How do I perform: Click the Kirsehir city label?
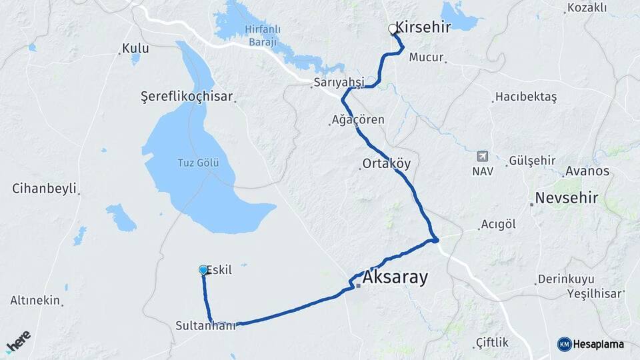point(423,27)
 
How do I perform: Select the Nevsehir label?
point(567,198)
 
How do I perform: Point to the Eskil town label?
point(219,270)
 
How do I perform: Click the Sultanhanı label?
point(206,326)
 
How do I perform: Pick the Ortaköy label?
point(387,163)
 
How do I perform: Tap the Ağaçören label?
point(358,121)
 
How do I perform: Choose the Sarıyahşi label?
point(339,83)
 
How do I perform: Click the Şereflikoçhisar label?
point(187,97)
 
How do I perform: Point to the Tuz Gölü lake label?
point(198,163)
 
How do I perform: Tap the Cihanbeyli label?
point(44,188)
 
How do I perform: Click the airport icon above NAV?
point(483,157)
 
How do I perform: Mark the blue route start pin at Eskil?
point(203,269)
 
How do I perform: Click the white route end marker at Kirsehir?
point(393,29)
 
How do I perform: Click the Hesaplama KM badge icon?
point(564,344)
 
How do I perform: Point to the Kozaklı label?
point(587,8)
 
